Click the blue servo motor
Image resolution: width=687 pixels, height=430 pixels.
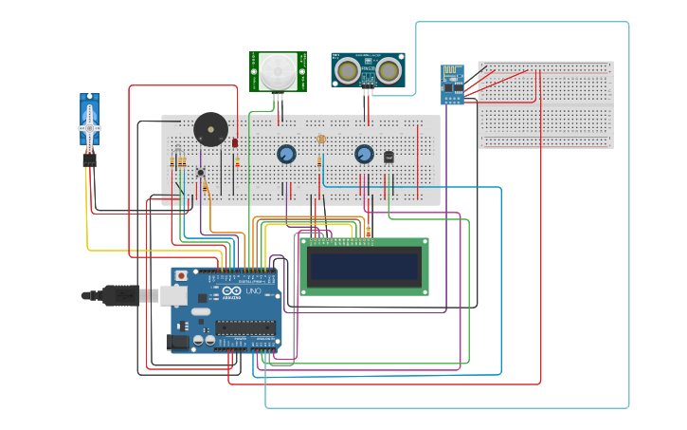click(89, 122)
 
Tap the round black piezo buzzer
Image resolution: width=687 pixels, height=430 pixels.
click(209, 129)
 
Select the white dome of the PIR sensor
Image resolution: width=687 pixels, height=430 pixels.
click(279, 71)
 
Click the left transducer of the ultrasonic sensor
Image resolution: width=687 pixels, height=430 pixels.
click(349, 69)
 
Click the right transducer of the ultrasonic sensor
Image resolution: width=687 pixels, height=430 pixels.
click(388, 69)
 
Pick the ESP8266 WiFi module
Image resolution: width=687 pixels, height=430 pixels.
click(453, 84)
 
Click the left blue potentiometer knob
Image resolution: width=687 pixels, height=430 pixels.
click(286, 154)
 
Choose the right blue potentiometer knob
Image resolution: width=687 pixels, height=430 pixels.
click(364, 154)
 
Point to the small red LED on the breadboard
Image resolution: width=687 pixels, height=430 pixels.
click(235, 142)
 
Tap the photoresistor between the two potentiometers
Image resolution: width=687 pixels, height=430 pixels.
click(321, 140)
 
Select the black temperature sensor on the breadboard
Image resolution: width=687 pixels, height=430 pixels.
click(389, 157)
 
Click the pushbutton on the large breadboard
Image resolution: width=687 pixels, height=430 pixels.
click(200, 173)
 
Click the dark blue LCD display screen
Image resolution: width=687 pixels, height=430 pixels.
click(364, 267)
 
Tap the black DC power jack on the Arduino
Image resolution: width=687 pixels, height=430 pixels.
click(176, 342)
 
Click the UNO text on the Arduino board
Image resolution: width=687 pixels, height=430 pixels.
click(254, 291)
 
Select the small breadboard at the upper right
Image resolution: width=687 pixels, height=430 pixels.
click(546, 104)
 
